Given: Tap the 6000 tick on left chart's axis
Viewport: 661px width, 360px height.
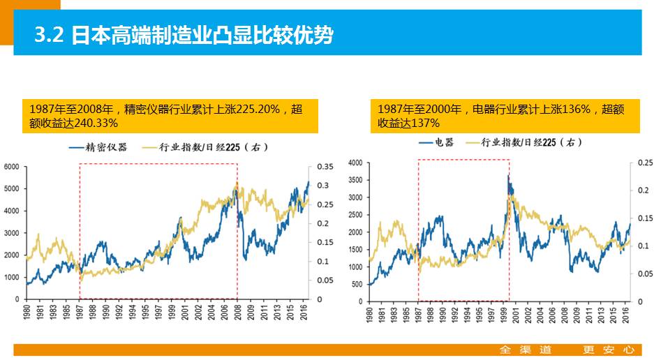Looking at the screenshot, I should (13, 167).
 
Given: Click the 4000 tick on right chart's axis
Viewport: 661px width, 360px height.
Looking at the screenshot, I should (355, 163).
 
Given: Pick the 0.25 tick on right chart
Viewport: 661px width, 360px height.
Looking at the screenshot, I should (644, 163).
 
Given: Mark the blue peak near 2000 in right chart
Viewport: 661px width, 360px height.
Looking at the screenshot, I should (508, 176).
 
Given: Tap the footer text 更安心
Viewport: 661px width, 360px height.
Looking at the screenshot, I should (608, 350).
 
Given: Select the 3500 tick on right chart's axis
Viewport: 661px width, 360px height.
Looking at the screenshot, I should (355, 180).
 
